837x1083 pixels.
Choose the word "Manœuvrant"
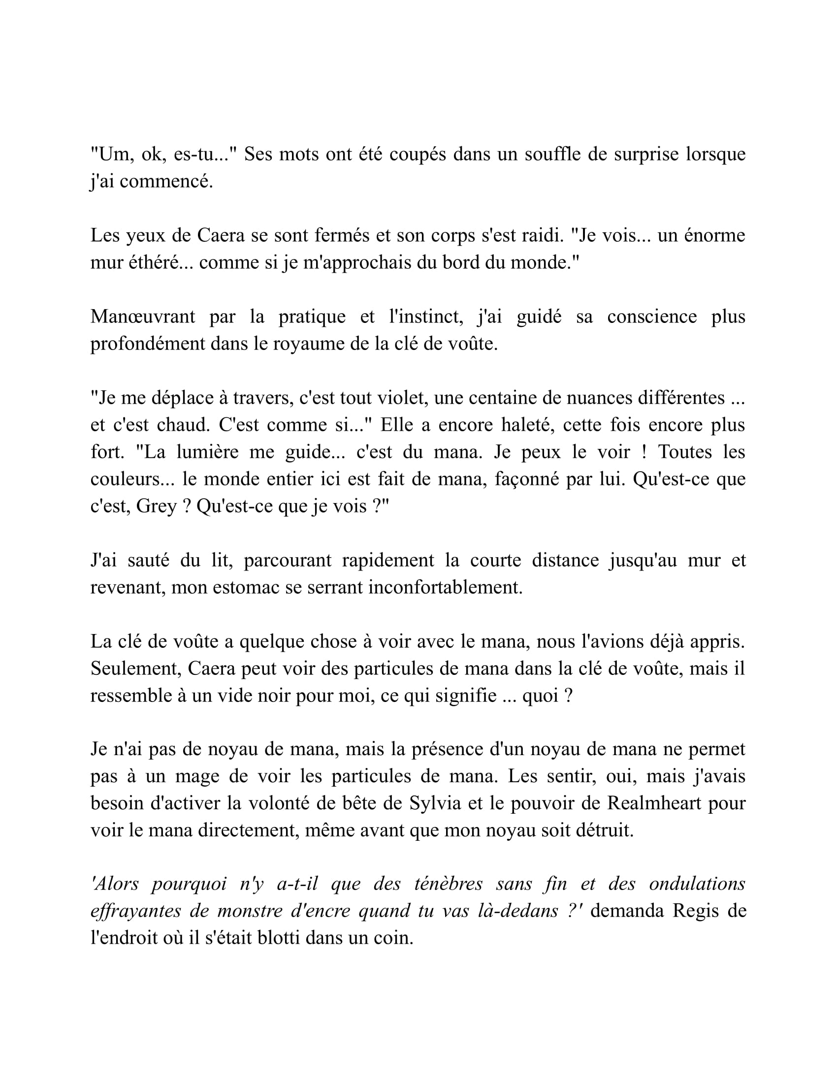pyautogui.click(x=143, y=317)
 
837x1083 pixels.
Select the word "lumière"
pyautogui.click(x=208, y=452)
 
